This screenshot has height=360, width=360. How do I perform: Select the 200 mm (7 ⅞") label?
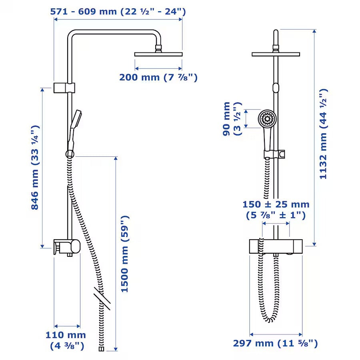pos(158,77)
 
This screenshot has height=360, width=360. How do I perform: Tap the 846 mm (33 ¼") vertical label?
pos(36,167)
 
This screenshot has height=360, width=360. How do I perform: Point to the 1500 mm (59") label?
pos(125,254)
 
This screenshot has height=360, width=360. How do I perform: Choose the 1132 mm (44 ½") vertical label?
pos(323,134)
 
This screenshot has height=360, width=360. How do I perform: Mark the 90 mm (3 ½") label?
pos(232,119)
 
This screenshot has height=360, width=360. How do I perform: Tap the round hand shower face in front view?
pos(267,118)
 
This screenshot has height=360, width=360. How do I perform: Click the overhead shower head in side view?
pos(158,54)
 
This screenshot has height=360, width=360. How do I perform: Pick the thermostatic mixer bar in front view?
pos(276,246)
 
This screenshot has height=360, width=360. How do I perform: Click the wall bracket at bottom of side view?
pos(66,246)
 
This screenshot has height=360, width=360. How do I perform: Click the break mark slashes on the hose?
pos(101,296)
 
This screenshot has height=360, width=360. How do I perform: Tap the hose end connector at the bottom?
pos(101,349)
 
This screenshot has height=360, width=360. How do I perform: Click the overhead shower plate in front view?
pos(276,54)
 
